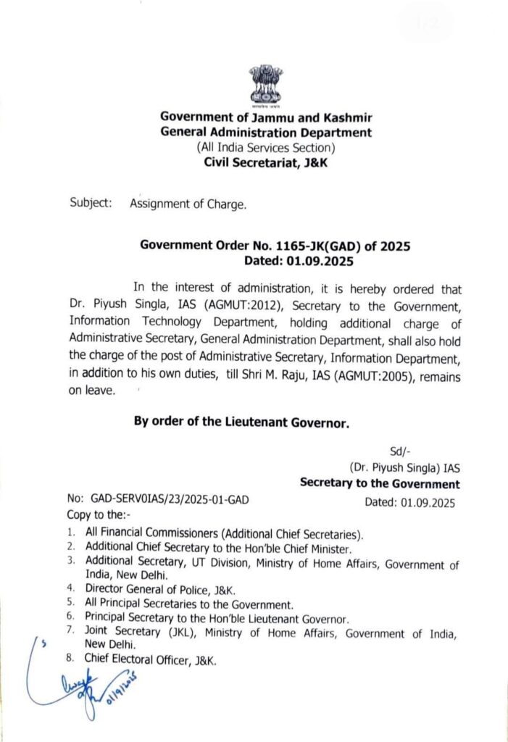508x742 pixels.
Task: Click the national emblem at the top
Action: pyautogui.click(x=265, y=86)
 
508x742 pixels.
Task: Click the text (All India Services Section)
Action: pyautogui.click(x=266, y=147)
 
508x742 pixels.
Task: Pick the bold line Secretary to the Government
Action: pyautogui.click(x=380, y=483)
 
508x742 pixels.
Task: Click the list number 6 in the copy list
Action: pyautogui.click(x=71, y=618)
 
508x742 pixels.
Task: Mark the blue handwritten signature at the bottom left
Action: pyautogui.click(x=80, y=678)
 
